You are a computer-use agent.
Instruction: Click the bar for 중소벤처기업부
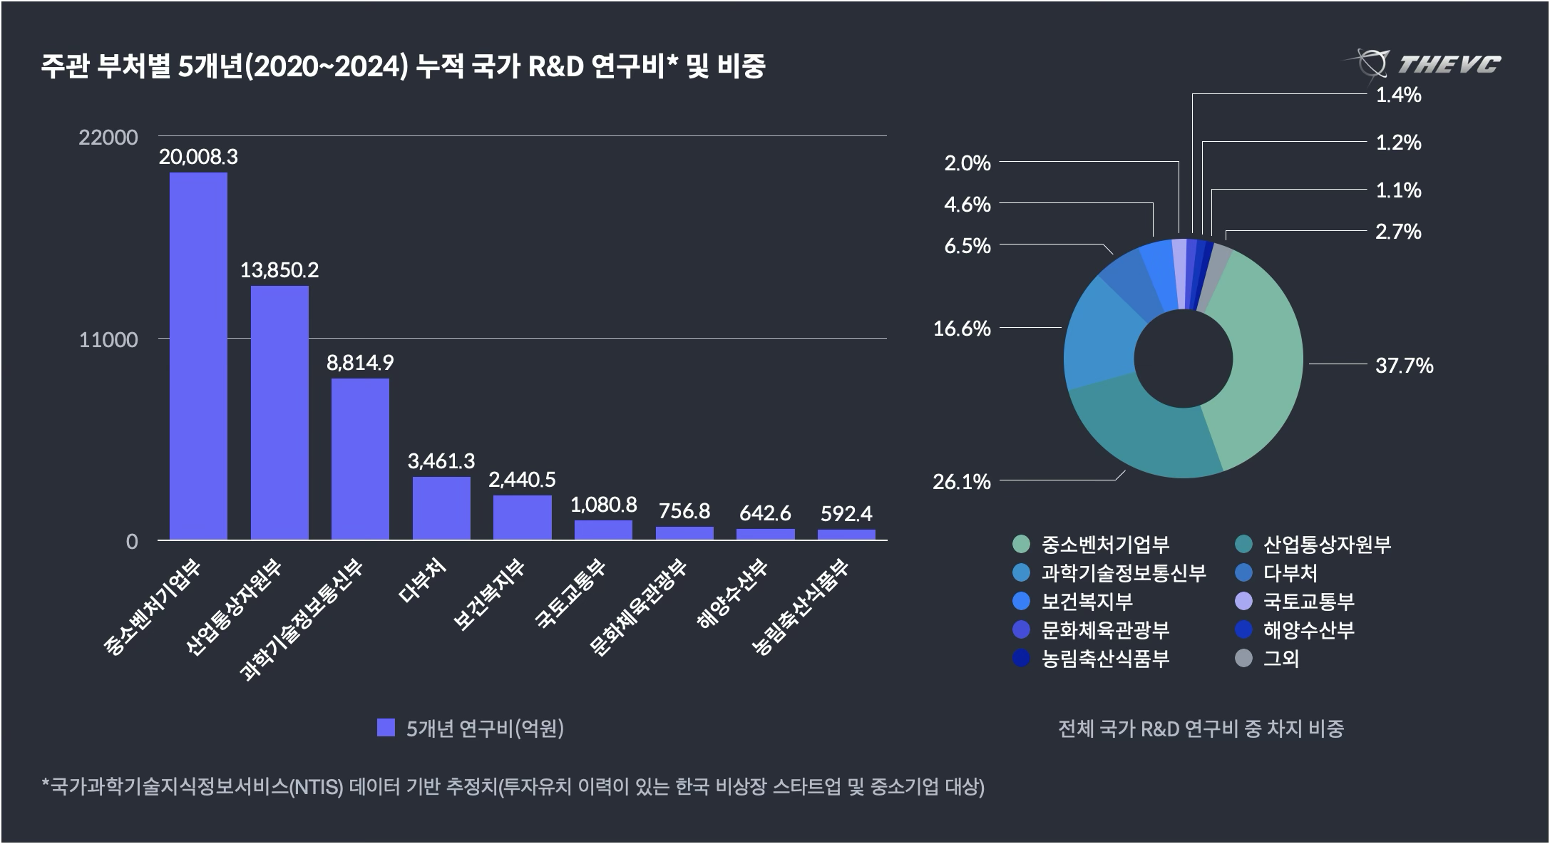click(x=198, y=356)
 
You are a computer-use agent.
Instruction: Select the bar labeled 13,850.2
click(x=279, y=413)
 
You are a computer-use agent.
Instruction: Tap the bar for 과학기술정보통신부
click(x=360, y=459)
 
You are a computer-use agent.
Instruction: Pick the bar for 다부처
click(x=441, y=508)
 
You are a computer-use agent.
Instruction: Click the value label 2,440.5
click(x=522, y=479)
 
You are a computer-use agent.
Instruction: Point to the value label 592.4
click(x=846, y=513)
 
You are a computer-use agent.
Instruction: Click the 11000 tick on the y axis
click(x=108, y=340)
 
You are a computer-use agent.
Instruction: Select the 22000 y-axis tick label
click(x=108, y=137)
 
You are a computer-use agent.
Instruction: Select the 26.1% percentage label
click(x=962, y=482)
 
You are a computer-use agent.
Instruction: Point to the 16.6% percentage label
click(x=962, y=329)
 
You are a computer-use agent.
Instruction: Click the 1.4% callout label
click(x=1398, y=95)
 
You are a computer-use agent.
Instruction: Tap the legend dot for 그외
click(x=1243, y=658)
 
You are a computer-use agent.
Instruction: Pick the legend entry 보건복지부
click(x=1087, y=602)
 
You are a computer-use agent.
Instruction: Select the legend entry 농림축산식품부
click(x=1105, y=658)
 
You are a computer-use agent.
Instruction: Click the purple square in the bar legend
click(x=386, y=728)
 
